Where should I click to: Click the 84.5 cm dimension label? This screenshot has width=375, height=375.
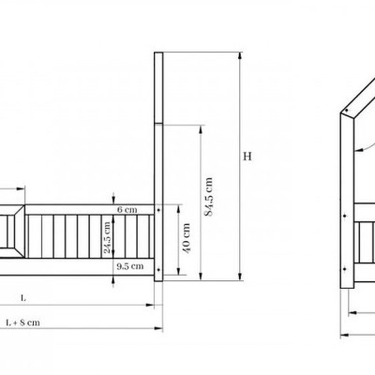click(x=208, y=197)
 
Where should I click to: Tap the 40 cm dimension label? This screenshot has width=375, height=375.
click(x=186, y=238)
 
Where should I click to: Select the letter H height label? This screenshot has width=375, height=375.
click(x=247, y=157)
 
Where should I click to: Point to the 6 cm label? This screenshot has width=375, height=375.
click(x=127, y=210)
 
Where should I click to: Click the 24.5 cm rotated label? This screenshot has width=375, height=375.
click(x=106, y=237)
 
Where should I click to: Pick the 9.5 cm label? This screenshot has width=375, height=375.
click(x=130, y=266)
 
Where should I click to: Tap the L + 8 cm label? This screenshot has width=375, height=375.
click(x=23, y=323)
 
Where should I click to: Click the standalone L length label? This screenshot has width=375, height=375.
click(x=23, y=298)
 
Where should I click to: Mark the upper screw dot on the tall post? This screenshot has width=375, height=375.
click(x=158, y=210)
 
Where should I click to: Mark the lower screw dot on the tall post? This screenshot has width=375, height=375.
click(x=158, y=270)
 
